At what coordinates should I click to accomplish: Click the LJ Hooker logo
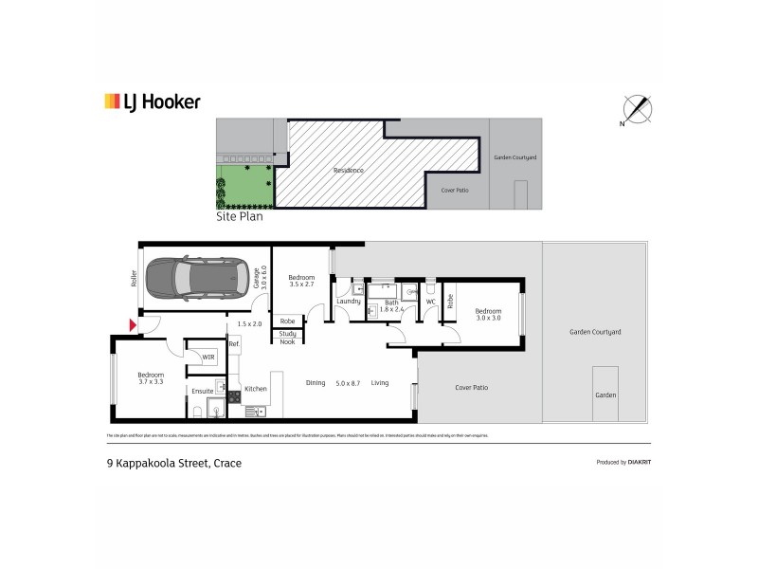tap(152, 101)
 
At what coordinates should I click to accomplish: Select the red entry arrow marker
tap(133, 326)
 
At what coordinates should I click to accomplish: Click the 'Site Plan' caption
tap(240, 216)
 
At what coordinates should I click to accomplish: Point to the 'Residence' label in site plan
tap(348, 171)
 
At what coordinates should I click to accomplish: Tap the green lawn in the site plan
tap(244, 185)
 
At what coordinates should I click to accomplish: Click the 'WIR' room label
tap(208, 357)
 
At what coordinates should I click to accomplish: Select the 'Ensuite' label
tap(202, 390)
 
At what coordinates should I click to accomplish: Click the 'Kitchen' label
tap(256, 389)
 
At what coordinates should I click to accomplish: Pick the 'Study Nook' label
tap(287, 337)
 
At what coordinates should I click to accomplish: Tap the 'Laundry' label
tap(348, 302)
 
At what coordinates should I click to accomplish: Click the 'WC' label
tap(430, 302)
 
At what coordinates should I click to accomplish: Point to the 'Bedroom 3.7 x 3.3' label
tap(151, 378)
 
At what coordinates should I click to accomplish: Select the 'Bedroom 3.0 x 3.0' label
tap(488, 314)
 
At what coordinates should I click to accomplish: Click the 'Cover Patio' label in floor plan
tap(471, 388)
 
